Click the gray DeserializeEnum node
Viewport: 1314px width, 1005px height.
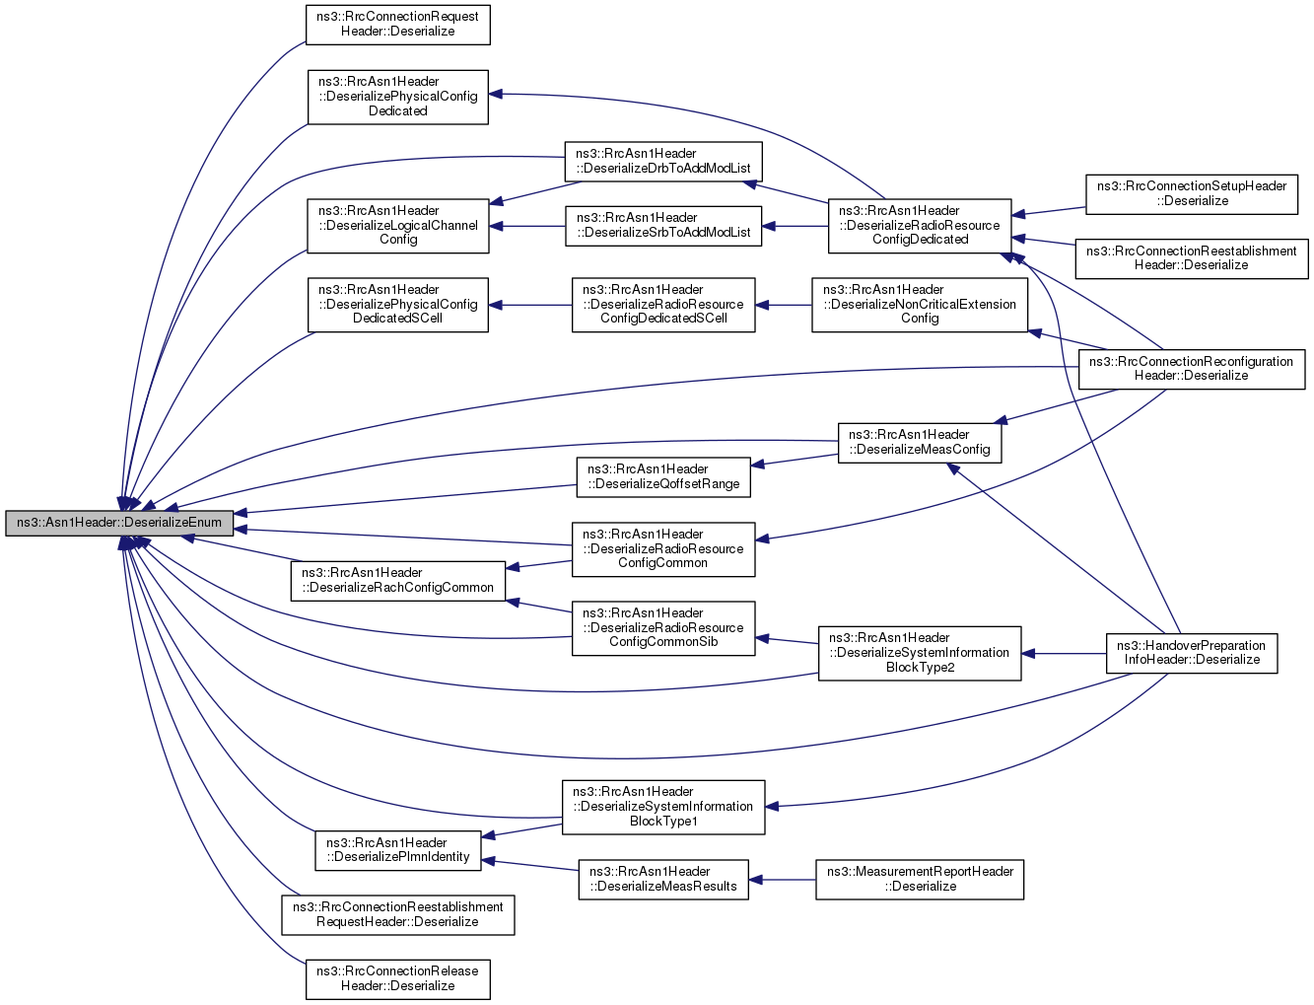pos(119,523)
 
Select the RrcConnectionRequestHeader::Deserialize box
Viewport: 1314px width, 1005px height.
pos(398,25)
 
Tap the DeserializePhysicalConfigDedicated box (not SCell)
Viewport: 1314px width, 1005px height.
pos(398,97)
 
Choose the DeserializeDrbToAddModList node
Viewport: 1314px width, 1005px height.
pos(663,161)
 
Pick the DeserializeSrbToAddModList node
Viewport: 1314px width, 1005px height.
pos(663,226)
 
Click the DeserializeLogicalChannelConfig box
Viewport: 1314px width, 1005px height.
pos(398,226)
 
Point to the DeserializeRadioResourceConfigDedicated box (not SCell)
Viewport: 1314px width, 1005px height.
pos(920,226)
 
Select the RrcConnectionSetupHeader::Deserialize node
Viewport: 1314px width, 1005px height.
pos(1192,194)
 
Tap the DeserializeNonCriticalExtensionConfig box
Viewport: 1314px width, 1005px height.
pos(920,305)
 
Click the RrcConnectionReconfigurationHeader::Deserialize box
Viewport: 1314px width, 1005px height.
pos(1192,370)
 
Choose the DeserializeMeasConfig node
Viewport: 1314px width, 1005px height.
pos(920,443)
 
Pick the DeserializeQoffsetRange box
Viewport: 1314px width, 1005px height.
pos(663,477)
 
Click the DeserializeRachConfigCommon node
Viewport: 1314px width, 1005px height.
pos(398,581)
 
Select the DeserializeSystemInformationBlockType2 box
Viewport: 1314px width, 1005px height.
pos(920,654)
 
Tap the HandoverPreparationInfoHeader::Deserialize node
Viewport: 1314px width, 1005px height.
pos(1192,654)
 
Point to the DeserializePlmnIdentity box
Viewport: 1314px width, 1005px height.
pos(398,850)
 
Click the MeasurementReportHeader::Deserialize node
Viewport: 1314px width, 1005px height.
pos(920,880)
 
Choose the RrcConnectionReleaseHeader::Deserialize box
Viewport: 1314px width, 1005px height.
pos(398,979)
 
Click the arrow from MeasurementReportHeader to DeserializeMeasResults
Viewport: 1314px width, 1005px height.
pos(783,880)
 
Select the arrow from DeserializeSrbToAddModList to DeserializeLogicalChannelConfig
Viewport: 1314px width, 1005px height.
pos(527,227)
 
